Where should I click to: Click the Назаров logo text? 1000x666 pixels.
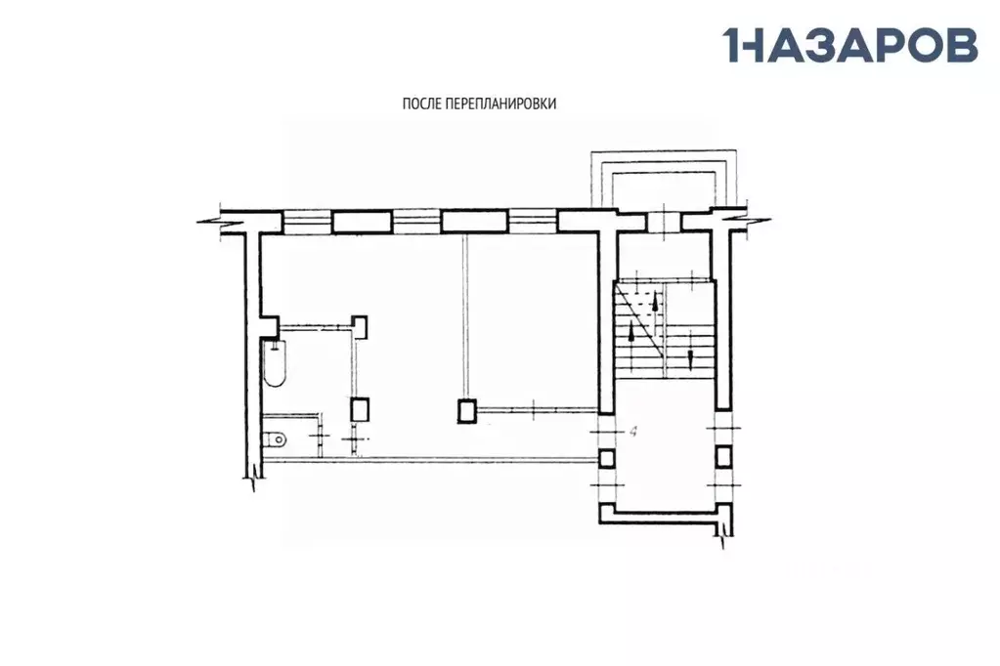tap(850, 45)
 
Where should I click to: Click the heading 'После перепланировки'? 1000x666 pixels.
tap(479, 104)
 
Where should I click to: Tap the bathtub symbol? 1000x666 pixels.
tap(275, 363)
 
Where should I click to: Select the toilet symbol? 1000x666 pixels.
tap(275, 438)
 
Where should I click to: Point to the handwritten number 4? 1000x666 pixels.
tap(633, 432)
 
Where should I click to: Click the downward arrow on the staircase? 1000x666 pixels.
tap(691, 357)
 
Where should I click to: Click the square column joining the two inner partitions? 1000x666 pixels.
tap(467, 411)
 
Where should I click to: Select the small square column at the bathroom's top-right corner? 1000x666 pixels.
tap(361, 326)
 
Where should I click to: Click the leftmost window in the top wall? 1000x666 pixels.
tap(307, 222)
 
